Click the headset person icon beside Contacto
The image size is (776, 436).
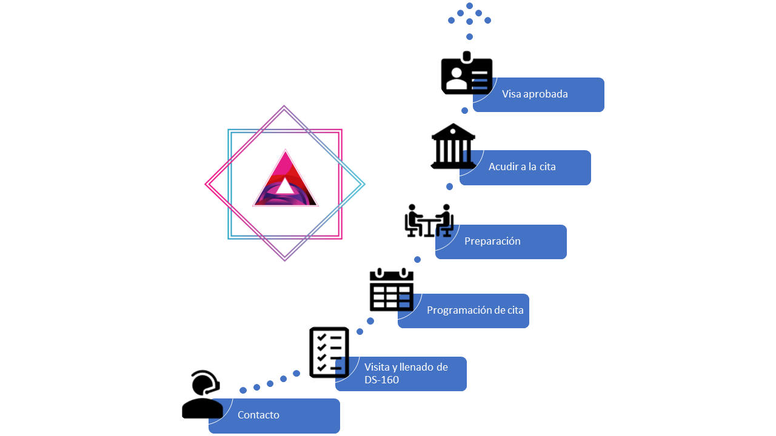pos(202,394)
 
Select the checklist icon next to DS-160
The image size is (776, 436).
pos(329,352)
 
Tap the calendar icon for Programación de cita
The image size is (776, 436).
pos(392,290)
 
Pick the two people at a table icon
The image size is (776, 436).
pos(429,220)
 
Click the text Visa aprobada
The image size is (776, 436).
pos(535,94)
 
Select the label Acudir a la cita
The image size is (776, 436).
pos(522,167)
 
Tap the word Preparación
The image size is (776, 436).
pos(492,241)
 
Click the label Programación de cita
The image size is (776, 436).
pos(475,310)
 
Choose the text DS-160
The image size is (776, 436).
pos(381,380)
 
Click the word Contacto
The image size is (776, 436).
pos(258,415)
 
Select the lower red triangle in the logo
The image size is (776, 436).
pos(285,180)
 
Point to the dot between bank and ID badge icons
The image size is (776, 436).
pos(465,111)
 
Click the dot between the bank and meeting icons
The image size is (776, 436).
pos(450,187)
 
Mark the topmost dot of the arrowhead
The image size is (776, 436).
pos(469,5)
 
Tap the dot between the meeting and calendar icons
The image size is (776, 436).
pos(417,260)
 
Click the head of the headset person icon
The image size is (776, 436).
pos(204,383)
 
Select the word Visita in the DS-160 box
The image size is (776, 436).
pos(377,367)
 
